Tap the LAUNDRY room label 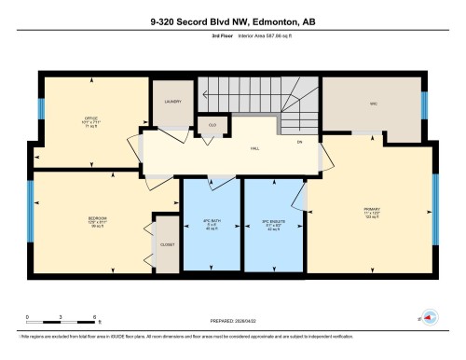coord(172,102)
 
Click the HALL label coord(254,148)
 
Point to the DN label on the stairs coord(300,142)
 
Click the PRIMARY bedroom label coord(372,208)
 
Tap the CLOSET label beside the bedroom coord(167,243)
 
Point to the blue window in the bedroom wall coord(30,206)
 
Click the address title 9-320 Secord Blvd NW coord(232,21)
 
